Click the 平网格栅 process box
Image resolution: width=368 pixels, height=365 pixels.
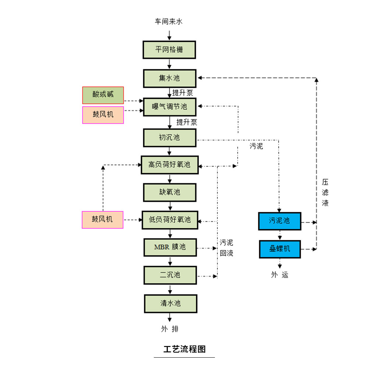pyautogui.click(x=169, y=50)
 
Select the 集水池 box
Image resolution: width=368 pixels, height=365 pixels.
pyautogui.click(x=169, y=78)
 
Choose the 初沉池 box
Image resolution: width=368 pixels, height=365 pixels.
pyautogui.click(x=169, y=137)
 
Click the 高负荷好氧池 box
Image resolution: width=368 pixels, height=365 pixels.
pyautogui.click(x=170, y=165)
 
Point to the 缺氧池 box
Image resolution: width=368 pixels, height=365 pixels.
pyautogui.click(x=170, y=192)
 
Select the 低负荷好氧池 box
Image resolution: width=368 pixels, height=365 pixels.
pyautogui.click(x=170, y=220)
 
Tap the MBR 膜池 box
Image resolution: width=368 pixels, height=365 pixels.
pyautogui.click(x=170, y=247)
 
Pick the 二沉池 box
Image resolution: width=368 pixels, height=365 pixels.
pyautogui.click(x=170, y=275)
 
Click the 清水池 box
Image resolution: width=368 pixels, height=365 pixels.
pyautogui.click(x=170, y=303)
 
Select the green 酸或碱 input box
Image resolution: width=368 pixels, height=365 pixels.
pyautogui.click(x=103, y=95)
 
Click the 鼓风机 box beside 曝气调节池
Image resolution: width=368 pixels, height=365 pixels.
pyautogui.click(x=103, y=115)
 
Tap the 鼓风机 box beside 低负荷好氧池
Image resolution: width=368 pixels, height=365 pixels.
pyautogui.click(x=103, y=219)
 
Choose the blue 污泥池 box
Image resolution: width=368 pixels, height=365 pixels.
pyautogui.click(x=280, y=221)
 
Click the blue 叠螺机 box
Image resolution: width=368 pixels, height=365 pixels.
pyautogui.click(x=280, y=249)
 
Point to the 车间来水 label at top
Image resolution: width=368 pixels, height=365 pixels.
pyautogui.click(x=169, y=21)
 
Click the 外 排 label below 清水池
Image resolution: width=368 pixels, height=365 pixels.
pyautogui.click(x=170, y=329)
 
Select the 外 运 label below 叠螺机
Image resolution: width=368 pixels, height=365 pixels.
pyautogui.click(x=280, y=275)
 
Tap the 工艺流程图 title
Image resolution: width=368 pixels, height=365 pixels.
pyautogui.click(x=184, y=349)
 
